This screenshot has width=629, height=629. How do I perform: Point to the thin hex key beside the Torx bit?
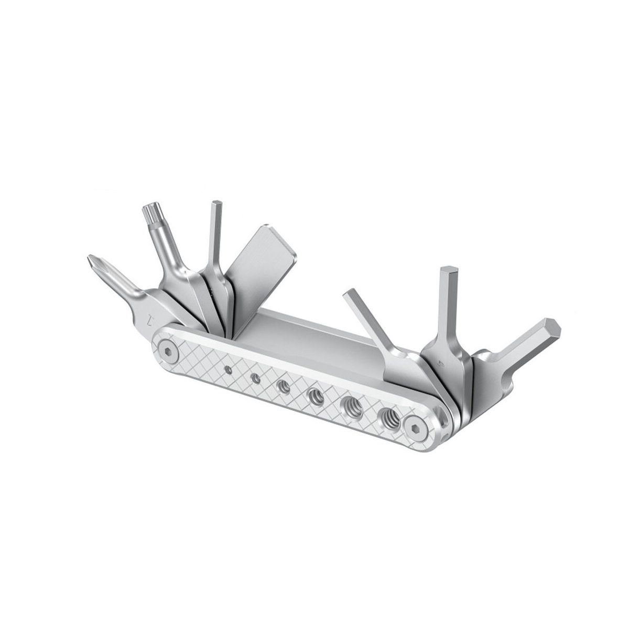tap(214, 231)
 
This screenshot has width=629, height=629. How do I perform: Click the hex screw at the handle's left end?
tap(166, 351)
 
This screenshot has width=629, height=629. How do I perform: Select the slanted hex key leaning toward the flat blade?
tap(367, 320)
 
